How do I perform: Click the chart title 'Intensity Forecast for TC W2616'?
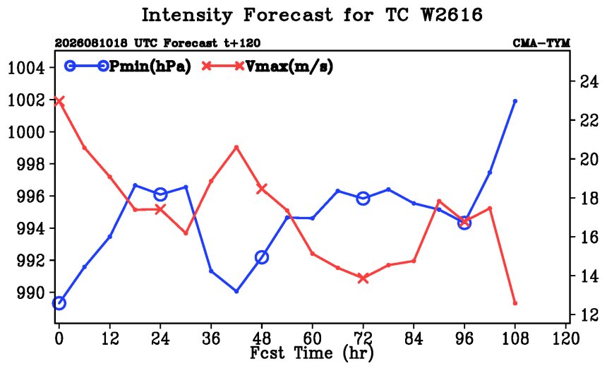pyautogui.click(x=312, y=16)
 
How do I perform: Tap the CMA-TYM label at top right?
pyautogui.click(x=541, y=43)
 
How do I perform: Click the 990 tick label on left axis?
pyautogui.click(x=31, y=293)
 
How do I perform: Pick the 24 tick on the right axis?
pyautogui.click(x=589, y=81)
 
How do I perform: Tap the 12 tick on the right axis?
pyautogui.click(x=589, y=315)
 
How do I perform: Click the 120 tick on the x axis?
pyautogui.click(x=565, y=338)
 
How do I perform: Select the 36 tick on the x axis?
pyautogui.click(x=211, y=338)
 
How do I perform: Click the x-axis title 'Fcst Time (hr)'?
pyautogui.click(x=312, y=353)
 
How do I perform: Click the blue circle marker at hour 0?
pyautogui.click(x=59, y=303)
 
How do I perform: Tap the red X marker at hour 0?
pyautogui.click(x=59, y=101)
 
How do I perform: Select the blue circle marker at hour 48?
pyautogui.click(x=262, y=257)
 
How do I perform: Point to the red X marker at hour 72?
pyautogui.click(x=363, y=278)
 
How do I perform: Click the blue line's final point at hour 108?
pyautogui.click(x=515, y=101)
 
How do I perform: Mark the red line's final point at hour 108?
pyautogui.click(x=515, y=303)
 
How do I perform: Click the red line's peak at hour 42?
pyautogui.click(x=236, y=147)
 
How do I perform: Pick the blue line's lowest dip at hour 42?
pyautogui.click(x=236, y=290)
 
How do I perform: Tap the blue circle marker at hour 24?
pyautogui.click(x=160, y=194)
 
